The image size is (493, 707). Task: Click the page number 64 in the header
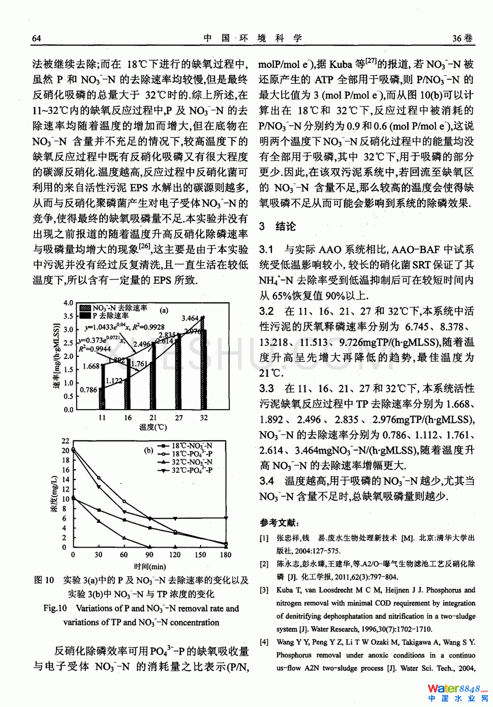tap(37, 38)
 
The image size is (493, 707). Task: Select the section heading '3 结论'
tap(277, 227)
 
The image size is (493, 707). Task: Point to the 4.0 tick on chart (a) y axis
tap(68, 303)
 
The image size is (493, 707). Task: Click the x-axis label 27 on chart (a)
tap(178, 418)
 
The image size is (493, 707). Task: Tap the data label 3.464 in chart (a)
tap(190, 318)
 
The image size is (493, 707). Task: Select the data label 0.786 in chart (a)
tap(88, 390)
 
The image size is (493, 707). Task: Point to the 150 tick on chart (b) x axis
tap(200, 555)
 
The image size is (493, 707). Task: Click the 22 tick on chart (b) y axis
tap(66, 441)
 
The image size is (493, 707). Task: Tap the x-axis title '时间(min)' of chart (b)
tap(149, 567)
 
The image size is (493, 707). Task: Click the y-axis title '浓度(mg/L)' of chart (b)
tap(54, 494)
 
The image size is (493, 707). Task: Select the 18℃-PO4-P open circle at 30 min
tap(99, 478)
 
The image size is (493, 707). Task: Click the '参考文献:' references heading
tap(280, 523)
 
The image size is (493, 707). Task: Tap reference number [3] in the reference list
tap(264, 590)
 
